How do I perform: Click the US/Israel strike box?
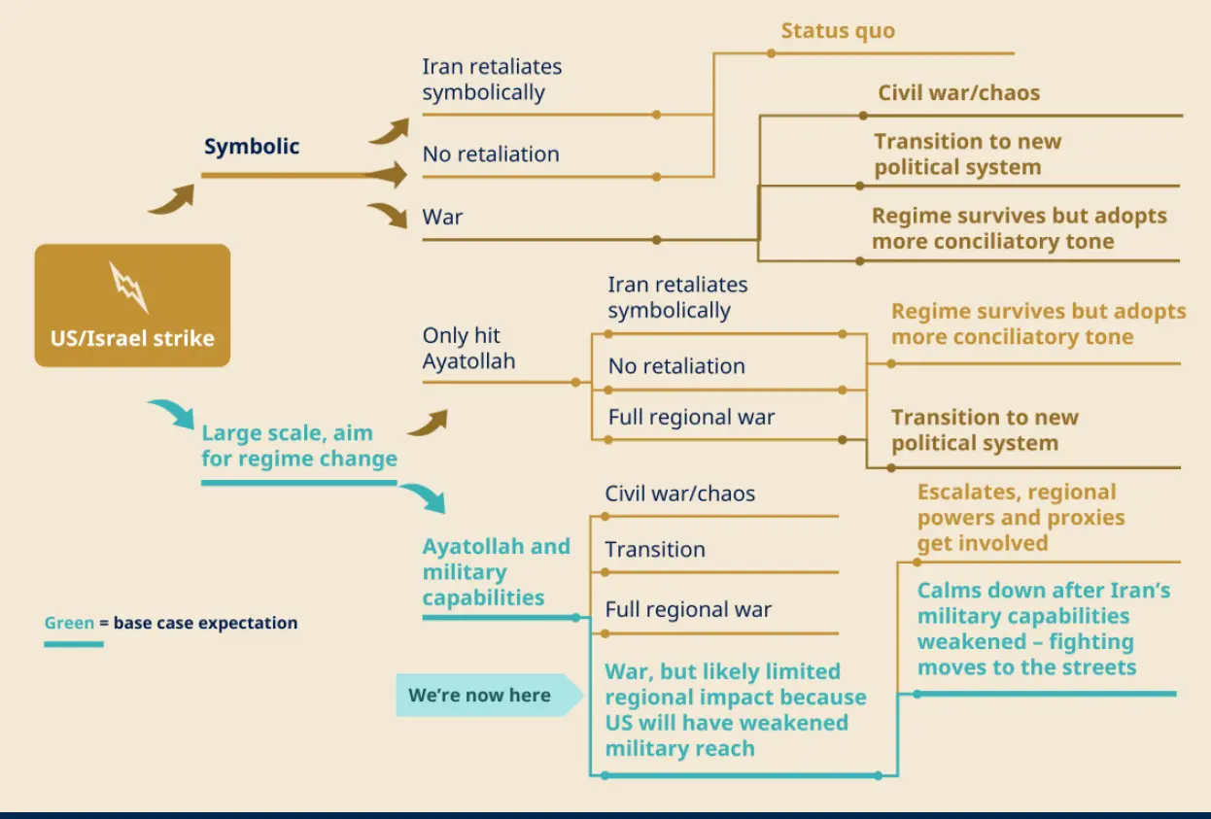(132, 305)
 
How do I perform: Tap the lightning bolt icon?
(128, 287)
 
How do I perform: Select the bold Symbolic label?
(252, 147)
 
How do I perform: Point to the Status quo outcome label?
(838, 30)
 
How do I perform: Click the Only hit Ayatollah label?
(468, 349)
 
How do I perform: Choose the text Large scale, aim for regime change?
(299, 446)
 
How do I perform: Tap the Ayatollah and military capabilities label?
(496, 572)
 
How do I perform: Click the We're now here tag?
(480, 695)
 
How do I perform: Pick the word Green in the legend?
(69, 623)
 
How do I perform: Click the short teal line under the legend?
(74, 644)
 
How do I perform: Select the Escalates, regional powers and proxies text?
(1021, 518)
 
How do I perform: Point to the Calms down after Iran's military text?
(1043, 629)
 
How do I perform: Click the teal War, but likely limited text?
(735, 709)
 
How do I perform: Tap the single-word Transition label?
(655, 549)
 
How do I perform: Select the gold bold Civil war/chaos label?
(958, 93)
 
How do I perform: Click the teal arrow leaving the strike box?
(174, 412)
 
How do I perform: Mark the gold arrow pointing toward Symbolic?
(172, 198)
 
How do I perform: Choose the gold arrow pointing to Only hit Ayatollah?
(428, 422)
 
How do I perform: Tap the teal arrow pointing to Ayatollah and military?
(424, 496)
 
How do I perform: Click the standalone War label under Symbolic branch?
(442, 217)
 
